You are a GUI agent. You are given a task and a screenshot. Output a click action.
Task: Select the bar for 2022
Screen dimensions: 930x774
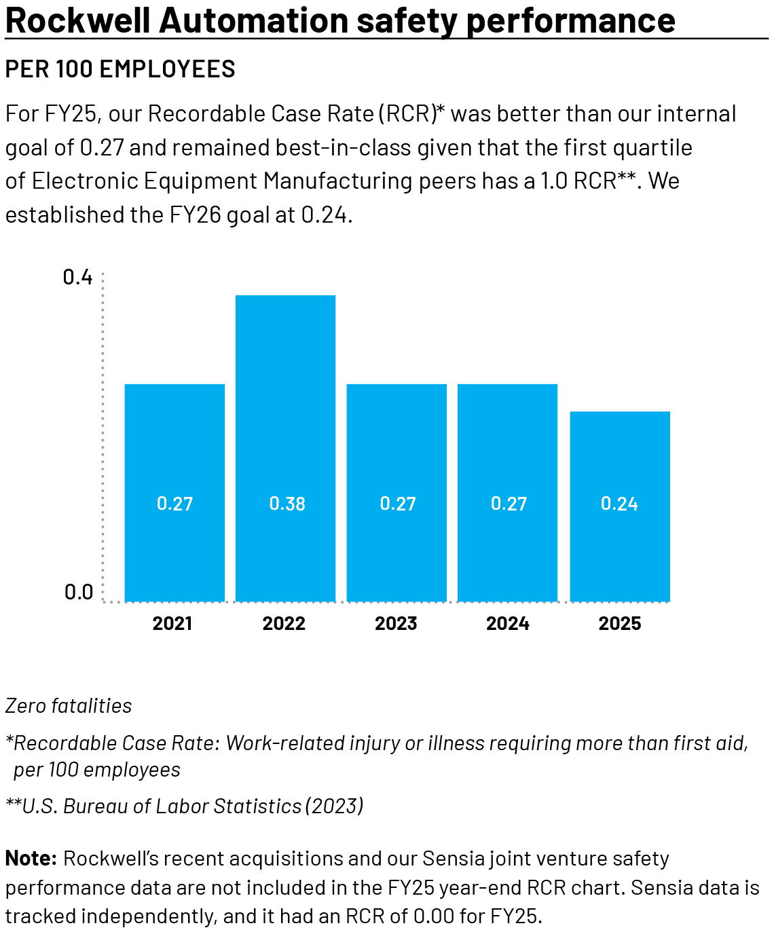point(285,448)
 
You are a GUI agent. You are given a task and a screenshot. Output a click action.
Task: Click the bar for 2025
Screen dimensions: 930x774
point(619,506)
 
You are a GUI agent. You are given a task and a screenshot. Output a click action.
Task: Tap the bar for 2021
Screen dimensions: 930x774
point(174,492)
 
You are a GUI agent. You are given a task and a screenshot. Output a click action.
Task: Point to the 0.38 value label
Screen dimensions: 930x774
point(287,504)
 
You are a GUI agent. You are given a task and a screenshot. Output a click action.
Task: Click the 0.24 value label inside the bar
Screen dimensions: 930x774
point(619,504)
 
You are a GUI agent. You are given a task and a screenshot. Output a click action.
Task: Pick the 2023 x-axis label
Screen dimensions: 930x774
point(396,623)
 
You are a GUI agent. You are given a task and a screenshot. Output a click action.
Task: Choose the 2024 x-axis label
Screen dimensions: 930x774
point(507,623)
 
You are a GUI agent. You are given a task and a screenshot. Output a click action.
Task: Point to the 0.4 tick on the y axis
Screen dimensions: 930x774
point(77,277)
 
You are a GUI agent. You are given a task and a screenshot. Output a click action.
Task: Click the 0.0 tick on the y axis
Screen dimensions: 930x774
point(78,592)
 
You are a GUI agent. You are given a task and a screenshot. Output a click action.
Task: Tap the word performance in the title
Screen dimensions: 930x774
point(570,20)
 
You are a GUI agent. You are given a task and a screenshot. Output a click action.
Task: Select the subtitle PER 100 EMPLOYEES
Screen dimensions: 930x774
point(120,69)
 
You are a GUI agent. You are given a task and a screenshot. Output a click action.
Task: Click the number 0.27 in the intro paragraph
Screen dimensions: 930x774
point(102,147)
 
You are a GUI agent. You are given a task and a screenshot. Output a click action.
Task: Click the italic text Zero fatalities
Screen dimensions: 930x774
point(69,706)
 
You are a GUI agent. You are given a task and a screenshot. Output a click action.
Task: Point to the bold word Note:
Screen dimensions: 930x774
point(31,858)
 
